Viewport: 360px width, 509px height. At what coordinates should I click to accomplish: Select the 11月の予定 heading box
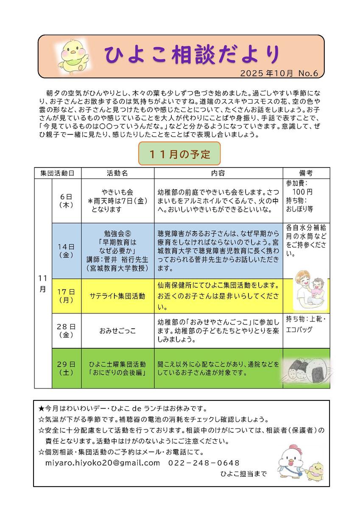coord(180,154)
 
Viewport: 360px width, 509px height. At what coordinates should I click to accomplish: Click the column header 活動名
coord(117,173)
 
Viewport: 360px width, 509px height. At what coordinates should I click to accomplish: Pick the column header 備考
coord(306,173)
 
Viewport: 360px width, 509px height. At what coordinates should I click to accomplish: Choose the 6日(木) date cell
coord(66,200)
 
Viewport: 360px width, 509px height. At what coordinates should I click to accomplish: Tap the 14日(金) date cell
coord(66,250)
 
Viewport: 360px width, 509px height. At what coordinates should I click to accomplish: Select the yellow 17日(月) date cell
coord(66,296)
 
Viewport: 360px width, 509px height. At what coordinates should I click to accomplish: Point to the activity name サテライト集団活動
coord(117,296)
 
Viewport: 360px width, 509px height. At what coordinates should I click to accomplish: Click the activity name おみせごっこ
coord(117,331)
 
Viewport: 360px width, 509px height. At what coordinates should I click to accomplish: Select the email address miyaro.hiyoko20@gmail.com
coord(103,463)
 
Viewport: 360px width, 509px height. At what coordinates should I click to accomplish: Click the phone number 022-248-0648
coord(204,463)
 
